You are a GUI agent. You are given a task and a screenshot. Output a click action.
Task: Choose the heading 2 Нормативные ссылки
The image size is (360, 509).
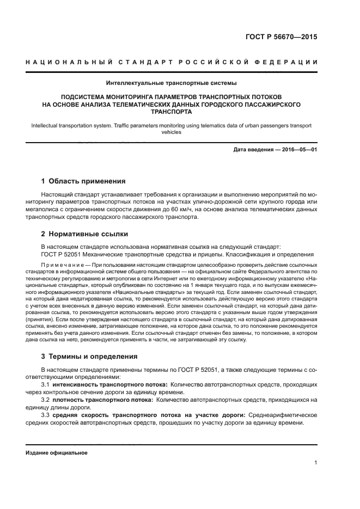coord(84,234)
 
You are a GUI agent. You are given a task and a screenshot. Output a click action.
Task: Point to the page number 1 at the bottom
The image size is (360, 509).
coord(315,463)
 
